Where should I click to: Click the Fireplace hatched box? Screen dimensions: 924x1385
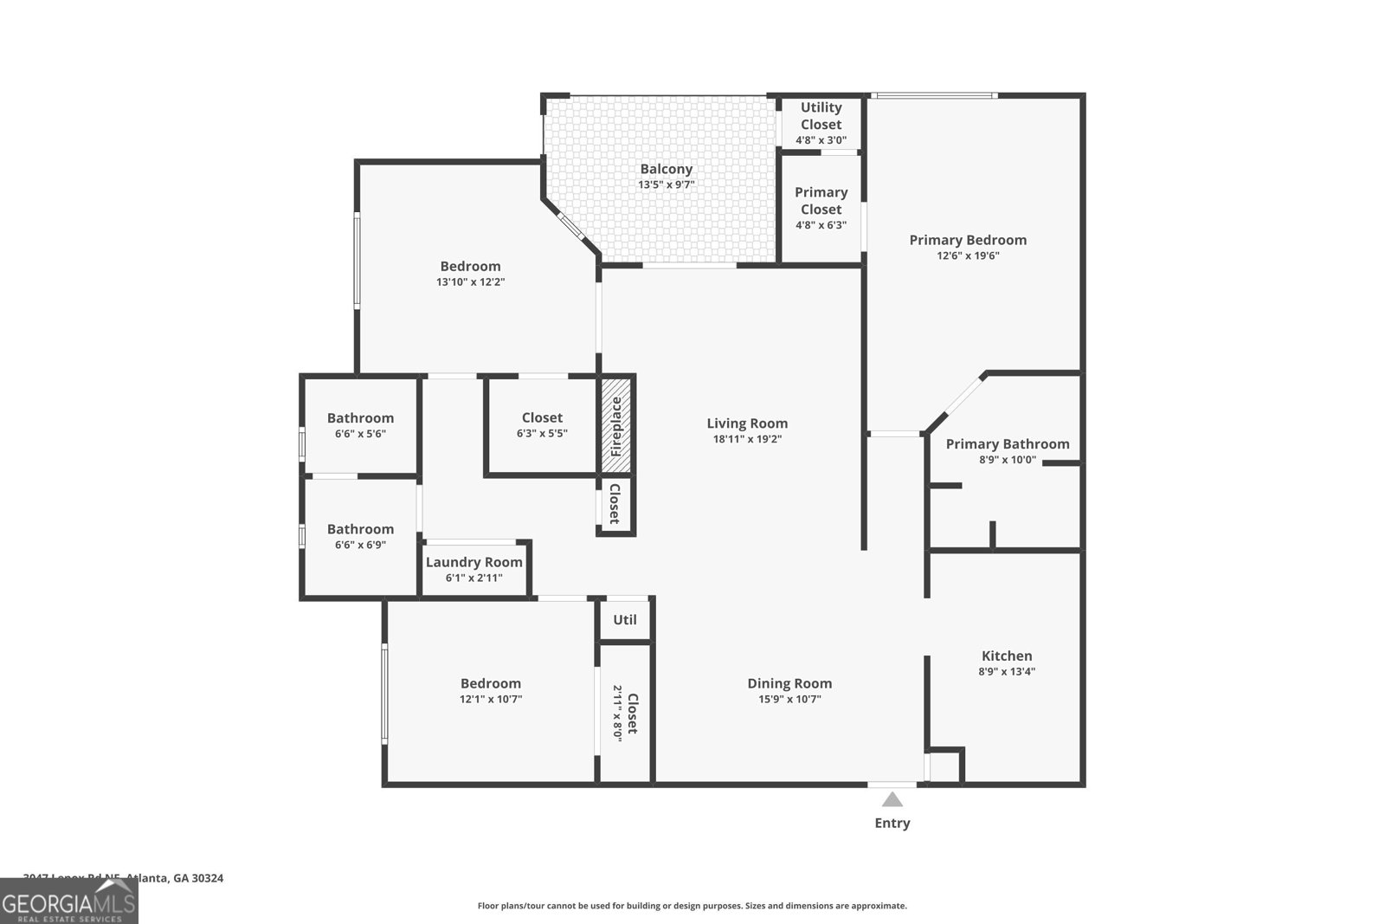[617, 425]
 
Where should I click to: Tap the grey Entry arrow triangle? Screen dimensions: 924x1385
[892, 799]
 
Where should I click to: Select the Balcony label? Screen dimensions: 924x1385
[666, 169]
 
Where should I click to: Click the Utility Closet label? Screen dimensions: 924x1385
[821, 115]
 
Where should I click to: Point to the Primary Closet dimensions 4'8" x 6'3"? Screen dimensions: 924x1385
[821, 225]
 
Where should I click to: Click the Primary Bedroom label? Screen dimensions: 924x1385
[968, 240]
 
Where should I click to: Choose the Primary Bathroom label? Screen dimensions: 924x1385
[1007, 444]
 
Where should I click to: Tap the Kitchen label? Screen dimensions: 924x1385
[1007, 656]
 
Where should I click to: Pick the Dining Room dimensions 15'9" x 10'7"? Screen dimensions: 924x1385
[789, 699]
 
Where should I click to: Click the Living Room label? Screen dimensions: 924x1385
[747, 423]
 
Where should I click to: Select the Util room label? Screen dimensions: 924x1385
[625, 619]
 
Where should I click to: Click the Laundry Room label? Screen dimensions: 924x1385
[474, 562]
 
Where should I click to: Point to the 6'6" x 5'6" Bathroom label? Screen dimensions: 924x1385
[360, 418]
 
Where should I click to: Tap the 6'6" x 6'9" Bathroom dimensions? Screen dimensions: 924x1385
[360, 545]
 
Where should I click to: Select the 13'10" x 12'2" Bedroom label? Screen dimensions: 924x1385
[470, 266]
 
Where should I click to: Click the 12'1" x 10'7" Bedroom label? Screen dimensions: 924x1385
[491, 683]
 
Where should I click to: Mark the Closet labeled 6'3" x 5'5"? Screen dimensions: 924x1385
[542, 418]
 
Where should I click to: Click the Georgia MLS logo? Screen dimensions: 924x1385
[69, 901]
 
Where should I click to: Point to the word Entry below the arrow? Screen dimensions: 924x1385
[892, 823]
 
